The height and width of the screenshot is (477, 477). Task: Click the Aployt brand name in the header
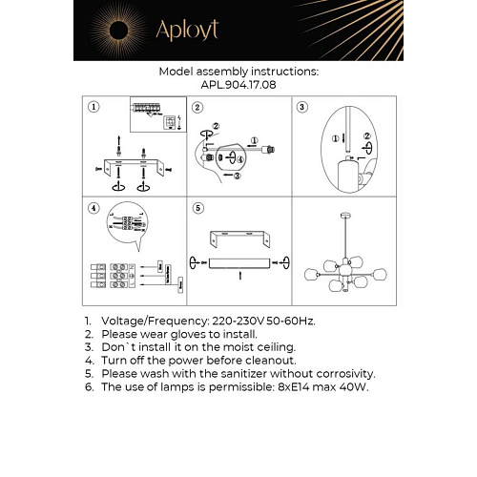(x=188, y=31)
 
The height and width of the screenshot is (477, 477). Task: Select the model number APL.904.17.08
(x=238, y=84)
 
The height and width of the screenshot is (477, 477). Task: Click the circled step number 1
(x=93, y=108)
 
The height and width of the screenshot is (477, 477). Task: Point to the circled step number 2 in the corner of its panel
(x=197, y=108)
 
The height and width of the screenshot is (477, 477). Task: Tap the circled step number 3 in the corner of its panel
(x=302, y=108)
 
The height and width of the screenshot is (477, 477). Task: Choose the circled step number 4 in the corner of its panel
(x=93, y=207)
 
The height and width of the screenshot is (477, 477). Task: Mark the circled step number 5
(x=197, y=207)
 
